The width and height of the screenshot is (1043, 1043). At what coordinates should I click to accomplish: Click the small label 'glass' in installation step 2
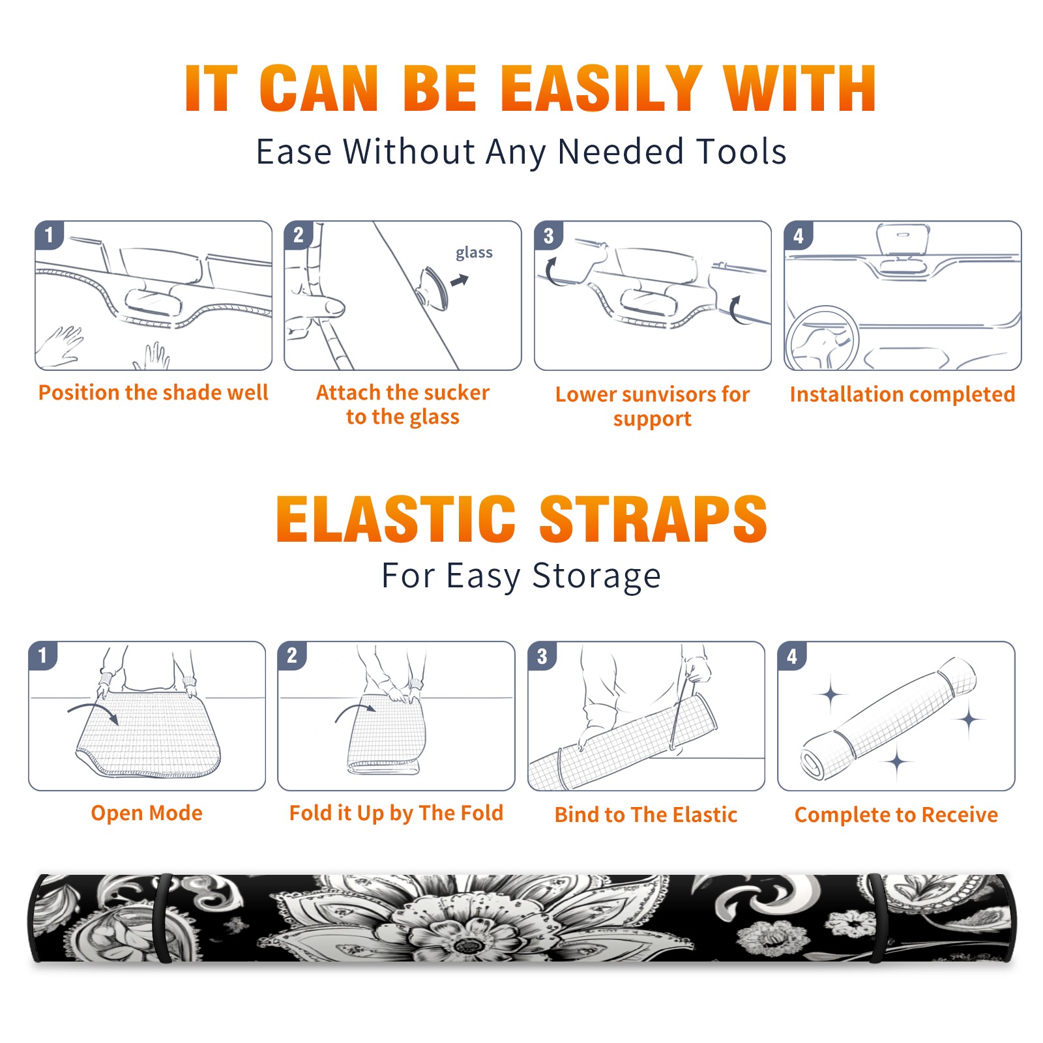(x=474, y=253)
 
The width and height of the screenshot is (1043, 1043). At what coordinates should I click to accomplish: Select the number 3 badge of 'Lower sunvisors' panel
(x=548, y=235)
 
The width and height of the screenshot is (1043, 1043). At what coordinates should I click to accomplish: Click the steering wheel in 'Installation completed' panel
(x=822, y=338)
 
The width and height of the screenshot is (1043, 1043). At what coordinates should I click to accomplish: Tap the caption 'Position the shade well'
(x=153, y=392)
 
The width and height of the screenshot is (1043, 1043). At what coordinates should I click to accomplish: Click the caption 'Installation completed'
(x=902, y=394)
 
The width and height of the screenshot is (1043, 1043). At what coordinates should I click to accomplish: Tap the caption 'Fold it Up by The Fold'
(x=396, y=813)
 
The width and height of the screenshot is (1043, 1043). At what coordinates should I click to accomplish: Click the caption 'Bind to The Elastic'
(x=646, y=814)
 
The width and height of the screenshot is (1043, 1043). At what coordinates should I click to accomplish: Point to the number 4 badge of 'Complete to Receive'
(x=792, y=656)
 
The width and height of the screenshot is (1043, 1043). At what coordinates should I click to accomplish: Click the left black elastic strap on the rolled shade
(x=162, y=918)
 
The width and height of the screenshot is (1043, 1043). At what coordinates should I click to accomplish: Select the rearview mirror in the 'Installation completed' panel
(x=903, y=240)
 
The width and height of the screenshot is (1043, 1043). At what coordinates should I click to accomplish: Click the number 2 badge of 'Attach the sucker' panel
(x=299, y=235)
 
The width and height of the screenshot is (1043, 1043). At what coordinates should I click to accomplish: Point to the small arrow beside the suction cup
(x=460, y=280)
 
